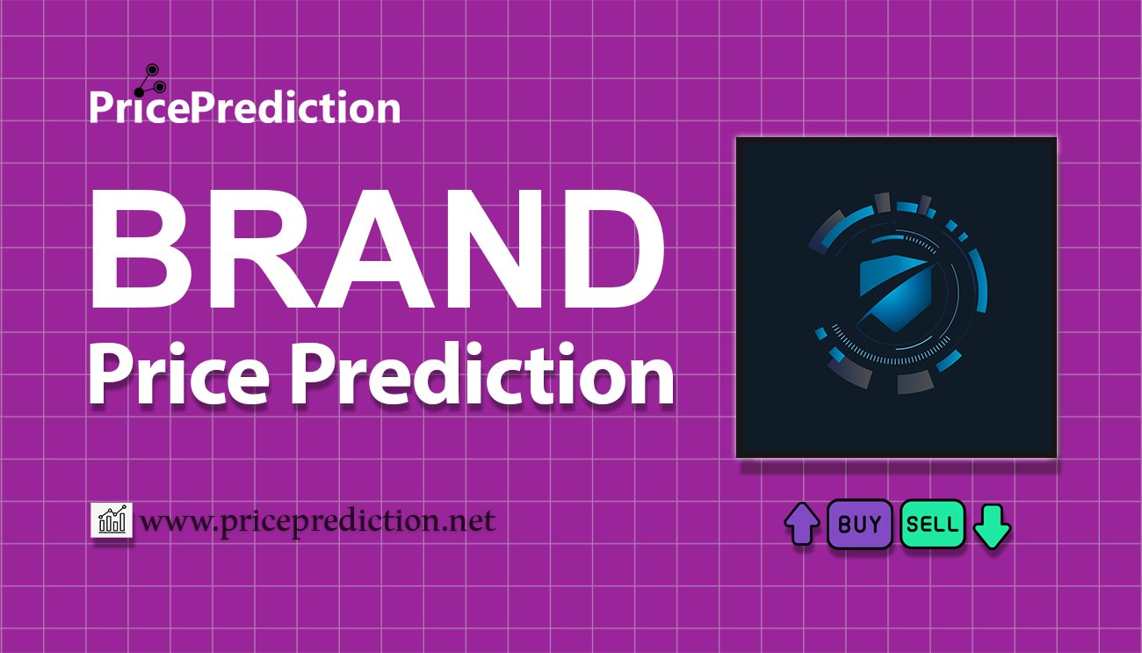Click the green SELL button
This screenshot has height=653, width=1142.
coord(932,525)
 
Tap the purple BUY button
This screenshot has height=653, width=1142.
coord(860,525)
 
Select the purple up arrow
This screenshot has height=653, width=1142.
coord(801,524)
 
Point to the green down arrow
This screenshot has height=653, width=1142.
coord(993,526)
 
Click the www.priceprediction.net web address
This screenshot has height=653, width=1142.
coord(318,522)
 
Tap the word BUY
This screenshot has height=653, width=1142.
coord(860,525)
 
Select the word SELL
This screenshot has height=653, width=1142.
coord(932,526)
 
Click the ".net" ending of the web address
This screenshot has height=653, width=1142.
coord(469,522)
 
